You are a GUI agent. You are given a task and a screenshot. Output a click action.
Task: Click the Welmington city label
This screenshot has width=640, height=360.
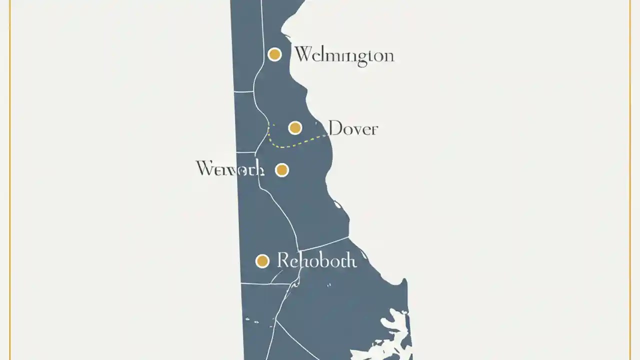[344, 55]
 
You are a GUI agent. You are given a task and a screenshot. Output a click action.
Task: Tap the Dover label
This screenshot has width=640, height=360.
[353, 128]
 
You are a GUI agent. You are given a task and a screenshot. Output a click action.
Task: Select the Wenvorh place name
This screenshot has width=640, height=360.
[229, 169]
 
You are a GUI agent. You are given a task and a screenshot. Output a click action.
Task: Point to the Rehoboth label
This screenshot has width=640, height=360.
[316, 260]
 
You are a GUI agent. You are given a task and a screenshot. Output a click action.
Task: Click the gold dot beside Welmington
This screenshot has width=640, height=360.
[274, 54]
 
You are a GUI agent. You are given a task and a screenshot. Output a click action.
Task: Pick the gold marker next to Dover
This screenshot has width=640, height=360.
[295, 128]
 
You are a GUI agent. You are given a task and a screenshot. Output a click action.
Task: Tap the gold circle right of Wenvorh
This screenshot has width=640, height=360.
[282, 170]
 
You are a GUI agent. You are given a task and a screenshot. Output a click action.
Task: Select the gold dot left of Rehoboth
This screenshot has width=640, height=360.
[262, 261]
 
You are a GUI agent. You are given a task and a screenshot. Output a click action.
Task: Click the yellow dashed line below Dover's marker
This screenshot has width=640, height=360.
[290, 146]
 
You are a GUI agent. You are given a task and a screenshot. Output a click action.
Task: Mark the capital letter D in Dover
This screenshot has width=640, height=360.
[335, 128]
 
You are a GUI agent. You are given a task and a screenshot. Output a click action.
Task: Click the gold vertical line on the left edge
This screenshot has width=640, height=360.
[10, 180]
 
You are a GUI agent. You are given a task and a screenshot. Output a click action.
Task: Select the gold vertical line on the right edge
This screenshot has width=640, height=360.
[630, 180]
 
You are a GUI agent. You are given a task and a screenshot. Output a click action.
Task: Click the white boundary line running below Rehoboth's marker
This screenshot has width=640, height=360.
[265, 283]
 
